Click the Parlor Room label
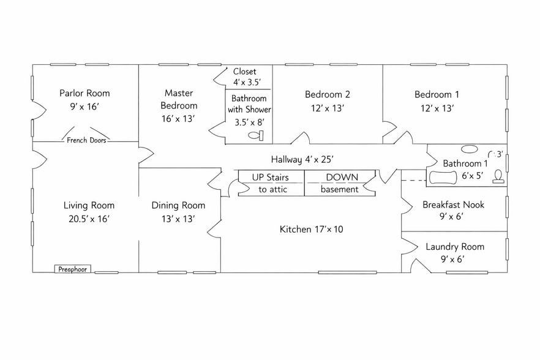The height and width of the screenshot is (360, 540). click(84, 93)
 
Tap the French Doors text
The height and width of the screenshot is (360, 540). click(86, 140)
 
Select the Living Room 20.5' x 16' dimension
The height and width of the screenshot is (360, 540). click(89, 219)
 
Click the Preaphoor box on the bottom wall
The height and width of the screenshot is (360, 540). click(73, 269)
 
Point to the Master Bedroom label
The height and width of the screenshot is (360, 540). click(179, 99)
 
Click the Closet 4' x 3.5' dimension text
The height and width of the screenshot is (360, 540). click(247, 83)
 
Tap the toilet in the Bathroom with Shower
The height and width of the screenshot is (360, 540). click(256, 135)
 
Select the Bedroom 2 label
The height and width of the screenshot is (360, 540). click(328, 94)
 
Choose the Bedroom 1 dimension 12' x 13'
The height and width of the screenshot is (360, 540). click(437, 108)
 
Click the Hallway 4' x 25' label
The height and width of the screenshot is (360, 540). click(302, 160)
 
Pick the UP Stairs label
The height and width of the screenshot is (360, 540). click(271, 178)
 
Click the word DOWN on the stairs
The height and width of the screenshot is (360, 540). click(342, 178)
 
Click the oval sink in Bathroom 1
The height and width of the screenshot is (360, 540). click(470, 149)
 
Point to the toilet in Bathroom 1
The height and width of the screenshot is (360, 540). click(498, 176)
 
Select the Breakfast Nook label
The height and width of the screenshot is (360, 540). click(453, 205)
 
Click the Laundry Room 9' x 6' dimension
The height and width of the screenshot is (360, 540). click(453, 259)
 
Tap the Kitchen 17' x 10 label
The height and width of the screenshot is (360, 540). click(311, 230)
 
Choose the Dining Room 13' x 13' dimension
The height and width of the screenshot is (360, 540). click(178, 219)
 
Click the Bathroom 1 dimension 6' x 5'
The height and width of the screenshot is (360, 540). click(473, 176)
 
